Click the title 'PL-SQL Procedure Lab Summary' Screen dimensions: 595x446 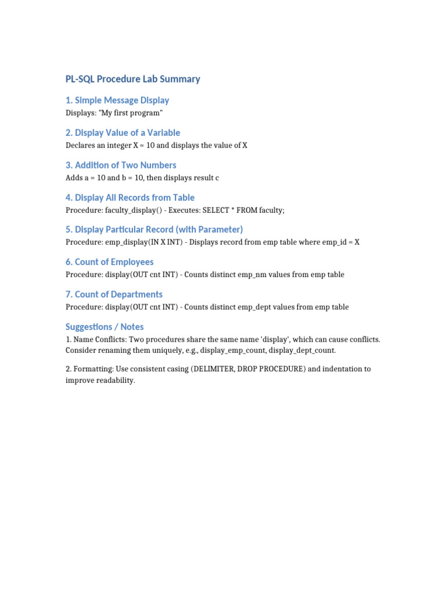132,79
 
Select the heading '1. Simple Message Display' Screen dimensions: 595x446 117,101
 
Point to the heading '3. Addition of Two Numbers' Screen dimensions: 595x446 121,165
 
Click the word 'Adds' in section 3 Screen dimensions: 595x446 74,177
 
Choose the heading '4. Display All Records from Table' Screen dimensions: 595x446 130,198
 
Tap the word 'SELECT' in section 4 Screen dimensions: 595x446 215,210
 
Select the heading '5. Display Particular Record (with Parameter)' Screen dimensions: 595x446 154,230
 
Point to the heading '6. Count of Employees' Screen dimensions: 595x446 110,262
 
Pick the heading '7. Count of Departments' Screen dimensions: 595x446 114,295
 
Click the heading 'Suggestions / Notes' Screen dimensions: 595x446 105,327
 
